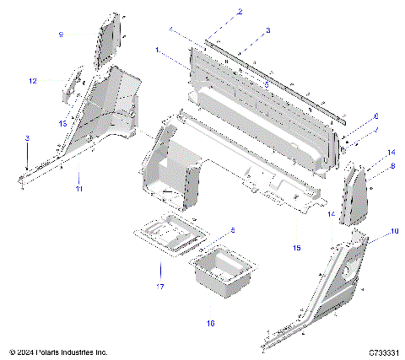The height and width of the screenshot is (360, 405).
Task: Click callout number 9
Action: pyautogui.click(x=61, y=35)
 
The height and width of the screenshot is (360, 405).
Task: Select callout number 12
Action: pyautogui.click(x=32, y=81)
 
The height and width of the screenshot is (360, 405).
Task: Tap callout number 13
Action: pyautogui.click(x=62, y=122)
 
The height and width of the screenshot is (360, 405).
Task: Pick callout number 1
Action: pyautogui.click(x=157, y=51)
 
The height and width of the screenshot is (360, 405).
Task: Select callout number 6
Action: pyautogui.click(x=376, y=116)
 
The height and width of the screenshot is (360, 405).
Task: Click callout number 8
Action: pyautogui.click(x=392, y=168)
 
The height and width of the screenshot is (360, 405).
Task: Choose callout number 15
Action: pyautogui.click(x=296, y=248)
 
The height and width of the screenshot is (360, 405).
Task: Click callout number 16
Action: pyautogui.click(x=211, y=322)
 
